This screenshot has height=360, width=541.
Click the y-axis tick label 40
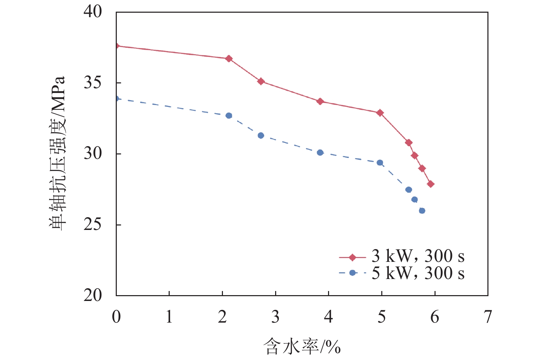[x=93, y=12]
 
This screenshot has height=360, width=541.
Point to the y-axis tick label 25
[x=93, y=224]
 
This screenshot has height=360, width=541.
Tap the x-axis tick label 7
[x=488, y=316]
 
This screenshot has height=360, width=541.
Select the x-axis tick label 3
[x=275, y=316]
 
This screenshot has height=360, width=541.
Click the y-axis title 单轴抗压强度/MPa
[x=57, y=153]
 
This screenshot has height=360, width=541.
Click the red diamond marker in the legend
[x=352, y=257]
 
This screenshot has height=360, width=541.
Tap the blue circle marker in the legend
[x=352, y=273]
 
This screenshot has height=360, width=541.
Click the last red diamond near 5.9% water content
[x=430, y=184]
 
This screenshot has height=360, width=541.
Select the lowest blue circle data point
[x=422, y=210]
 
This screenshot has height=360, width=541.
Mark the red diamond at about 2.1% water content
[x=229, y=59]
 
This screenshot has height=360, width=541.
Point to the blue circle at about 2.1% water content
[x=229, y=116]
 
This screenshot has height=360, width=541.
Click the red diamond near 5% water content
[x=380, y=113]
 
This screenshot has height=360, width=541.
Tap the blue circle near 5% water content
[x=380, y=163]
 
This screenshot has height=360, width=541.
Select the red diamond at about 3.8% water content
[x=320, y=101]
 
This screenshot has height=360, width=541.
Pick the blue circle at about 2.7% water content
[x=261, y=136]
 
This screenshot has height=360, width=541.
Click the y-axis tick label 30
[x=93, y=153]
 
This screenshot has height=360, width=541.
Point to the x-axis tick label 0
[x=116, y=316]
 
